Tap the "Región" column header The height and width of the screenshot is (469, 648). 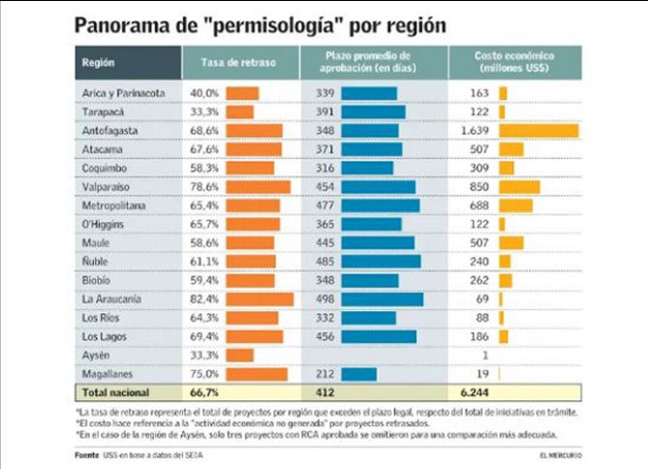click(100, 63)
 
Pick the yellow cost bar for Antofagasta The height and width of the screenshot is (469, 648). click(538, 131)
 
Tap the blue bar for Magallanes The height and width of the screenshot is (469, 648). click(358, 374)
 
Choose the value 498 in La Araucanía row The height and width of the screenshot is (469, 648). click(325, 299)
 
